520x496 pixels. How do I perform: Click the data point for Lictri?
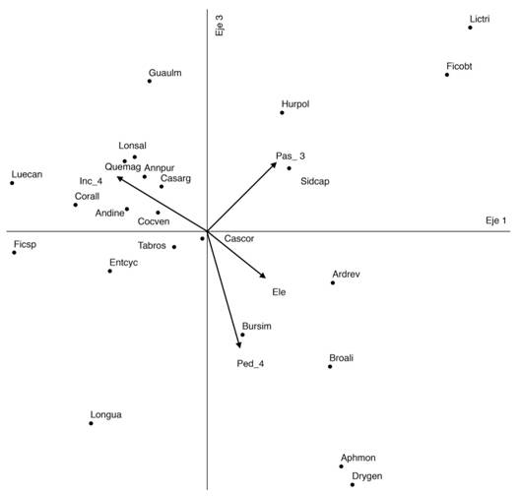click(x=470, y=28)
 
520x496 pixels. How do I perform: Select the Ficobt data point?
click(x=447, y=75)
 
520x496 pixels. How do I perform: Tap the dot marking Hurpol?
click(x=282, y=112)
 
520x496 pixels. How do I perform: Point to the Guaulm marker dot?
click(x=150, y=81)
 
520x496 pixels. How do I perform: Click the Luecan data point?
click(x=12, y=183)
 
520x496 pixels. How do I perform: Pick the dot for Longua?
click(x=91, y=423)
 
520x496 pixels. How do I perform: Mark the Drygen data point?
click(x=353, y=485)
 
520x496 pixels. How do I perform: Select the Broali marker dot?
click(x=330, y=366)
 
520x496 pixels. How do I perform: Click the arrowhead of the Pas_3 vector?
click(x=274, y=164)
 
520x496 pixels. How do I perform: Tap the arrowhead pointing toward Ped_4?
click(x=238, y=344)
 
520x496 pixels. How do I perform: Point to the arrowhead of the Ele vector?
click(x=263, y=276)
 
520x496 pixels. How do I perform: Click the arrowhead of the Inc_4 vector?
click(x=120, y=178)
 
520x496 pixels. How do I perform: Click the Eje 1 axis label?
click(x=495, y=220)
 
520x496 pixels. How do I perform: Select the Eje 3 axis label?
click(x=220, y=26)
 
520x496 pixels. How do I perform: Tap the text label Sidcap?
click(x=315, y=181)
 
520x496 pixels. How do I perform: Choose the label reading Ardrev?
click(x=346, y=274)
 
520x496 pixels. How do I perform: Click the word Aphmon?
click(x=358, y=458)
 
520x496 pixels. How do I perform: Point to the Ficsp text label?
click(x=25, y=245)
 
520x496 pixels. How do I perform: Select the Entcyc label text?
click(x=123, y=263)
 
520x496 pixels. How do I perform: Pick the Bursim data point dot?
click(x=242, y=335)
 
